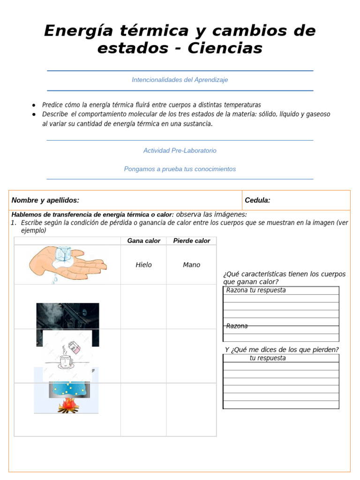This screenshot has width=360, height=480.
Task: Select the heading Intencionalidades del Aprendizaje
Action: [x=180, y=80]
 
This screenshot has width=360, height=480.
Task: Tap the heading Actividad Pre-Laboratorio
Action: [x=180, y=151]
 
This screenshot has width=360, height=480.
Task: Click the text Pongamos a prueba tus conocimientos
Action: [x=180, y=169]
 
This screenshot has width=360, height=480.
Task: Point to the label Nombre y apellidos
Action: [x=45, y=201]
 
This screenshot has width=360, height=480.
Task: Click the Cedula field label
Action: [x=257, y=201]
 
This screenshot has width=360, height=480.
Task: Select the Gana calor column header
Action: [x=143, y=241]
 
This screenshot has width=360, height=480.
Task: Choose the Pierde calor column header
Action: [x=191, y=241]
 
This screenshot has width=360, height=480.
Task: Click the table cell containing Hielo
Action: [x=143, y=265]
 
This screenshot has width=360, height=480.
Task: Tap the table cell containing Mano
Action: [x=191, y=265]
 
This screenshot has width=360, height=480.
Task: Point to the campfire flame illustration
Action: [x=68, y=405]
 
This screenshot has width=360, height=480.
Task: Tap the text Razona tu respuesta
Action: [x=256, y=290]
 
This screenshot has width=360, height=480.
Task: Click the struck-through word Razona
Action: [x=237, y=326]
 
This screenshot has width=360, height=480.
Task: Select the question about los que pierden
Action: [x=281, y=350]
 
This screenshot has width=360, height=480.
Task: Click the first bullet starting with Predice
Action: [x=151, y=105]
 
